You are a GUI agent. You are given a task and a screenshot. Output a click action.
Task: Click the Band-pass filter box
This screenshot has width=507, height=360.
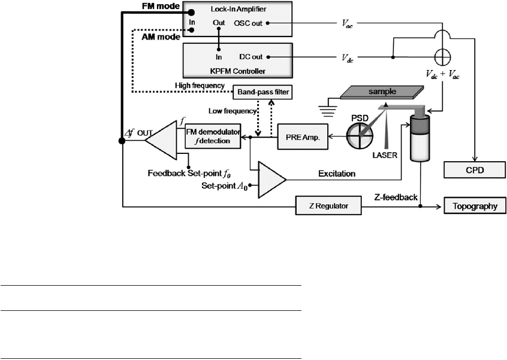(x=262, y=92)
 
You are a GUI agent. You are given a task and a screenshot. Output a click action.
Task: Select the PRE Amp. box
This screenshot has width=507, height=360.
(x=303, y=137)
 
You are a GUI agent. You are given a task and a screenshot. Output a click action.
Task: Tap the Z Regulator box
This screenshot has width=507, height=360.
(x=328, y=205)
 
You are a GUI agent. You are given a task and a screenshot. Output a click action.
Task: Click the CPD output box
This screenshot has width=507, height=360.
(x=475, y=170)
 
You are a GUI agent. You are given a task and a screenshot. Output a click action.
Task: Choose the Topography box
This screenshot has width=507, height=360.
(x=475, y=206)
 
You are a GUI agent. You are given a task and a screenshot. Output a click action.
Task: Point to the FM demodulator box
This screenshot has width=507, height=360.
(x=213, y=137)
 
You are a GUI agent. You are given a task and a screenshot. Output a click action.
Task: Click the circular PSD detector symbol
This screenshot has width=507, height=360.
(x=360, y=136)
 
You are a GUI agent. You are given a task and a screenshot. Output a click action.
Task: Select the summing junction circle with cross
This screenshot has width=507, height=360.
(x=442, y=58)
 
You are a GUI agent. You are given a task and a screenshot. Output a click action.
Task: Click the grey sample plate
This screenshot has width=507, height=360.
(x=382, y=92)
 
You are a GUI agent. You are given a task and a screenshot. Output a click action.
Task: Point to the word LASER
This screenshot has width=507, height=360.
(x=385, y=155)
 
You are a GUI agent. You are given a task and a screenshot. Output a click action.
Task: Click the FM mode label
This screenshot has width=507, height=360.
(x=161, y=6)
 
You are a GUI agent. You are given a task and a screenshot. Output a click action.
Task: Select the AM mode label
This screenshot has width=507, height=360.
(x=161, y=37)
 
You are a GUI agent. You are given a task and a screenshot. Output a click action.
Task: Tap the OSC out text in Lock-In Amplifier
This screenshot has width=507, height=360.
(x=248, y=23)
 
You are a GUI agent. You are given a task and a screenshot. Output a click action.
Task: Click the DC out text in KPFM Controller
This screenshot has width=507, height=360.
(x=251, y=57)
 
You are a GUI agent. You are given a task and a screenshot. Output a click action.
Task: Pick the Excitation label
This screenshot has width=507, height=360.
(x=337, y=174)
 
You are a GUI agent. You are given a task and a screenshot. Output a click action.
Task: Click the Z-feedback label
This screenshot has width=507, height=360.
(x=396, y=197)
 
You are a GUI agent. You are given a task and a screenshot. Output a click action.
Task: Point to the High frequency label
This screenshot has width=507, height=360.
(x=200, y=86)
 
